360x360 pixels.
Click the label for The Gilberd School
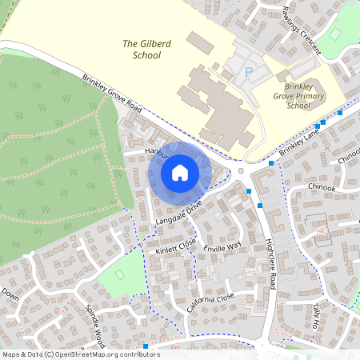coord(142,49)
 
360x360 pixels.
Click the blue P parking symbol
coord(248,72)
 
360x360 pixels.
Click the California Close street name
coord(210,302)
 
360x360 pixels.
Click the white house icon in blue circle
coord(180,172)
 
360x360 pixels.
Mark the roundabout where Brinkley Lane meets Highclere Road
coord(241,170)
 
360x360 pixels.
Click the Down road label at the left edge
coord(10,293)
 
